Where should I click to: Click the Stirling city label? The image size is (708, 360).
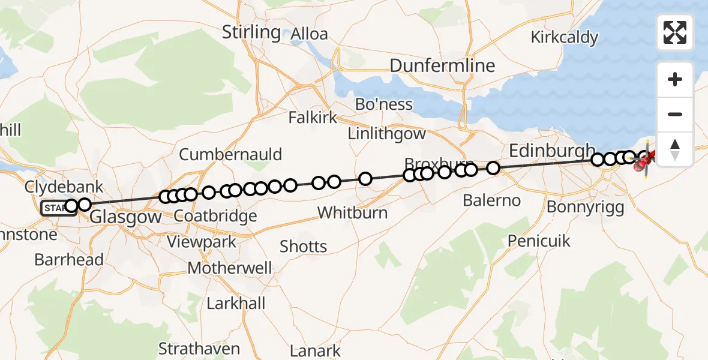pos(251,32)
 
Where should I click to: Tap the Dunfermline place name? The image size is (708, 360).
pos(443,65)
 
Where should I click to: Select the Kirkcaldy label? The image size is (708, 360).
pos(564,38)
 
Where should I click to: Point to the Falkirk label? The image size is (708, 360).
pos(313,117)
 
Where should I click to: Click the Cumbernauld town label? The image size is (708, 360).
pos(230,154)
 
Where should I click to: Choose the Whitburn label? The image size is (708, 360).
pos(352,212)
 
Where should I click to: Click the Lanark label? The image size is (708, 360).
pos(315,350)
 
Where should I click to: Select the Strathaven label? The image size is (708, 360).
pos(199,348)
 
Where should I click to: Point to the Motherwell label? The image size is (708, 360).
pos(230,268)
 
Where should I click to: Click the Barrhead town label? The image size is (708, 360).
pos(69,260)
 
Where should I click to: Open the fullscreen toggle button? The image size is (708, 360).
pos(675,32)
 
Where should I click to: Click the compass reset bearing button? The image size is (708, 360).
pos(675,149)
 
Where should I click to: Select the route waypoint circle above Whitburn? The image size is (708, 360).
pos(365,178)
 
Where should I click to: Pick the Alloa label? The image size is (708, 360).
pos(309,34)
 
